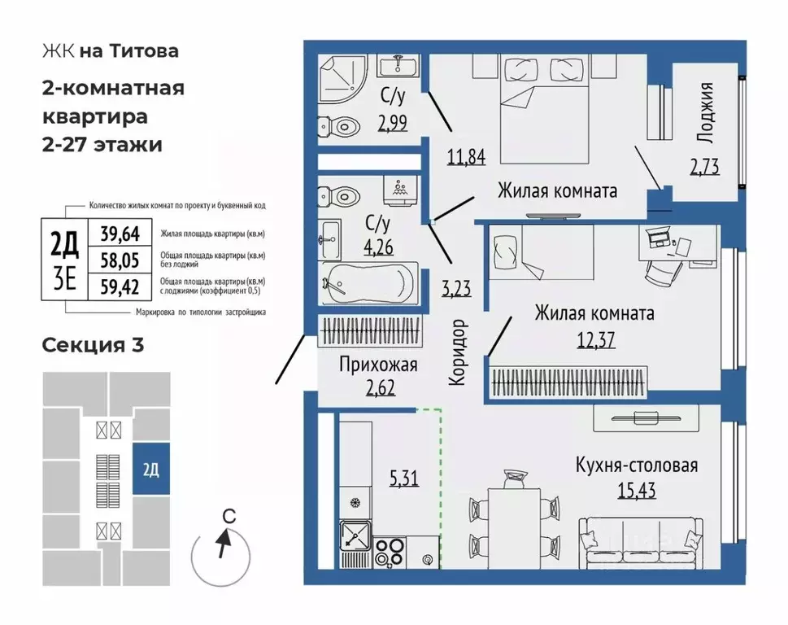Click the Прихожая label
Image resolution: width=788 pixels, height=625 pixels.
coord(378,365)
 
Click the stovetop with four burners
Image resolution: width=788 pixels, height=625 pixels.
coord(393,551)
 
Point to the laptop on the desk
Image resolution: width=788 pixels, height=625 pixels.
coord(661,238)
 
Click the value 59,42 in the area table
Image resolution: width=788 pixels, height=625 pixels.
coord(120,286)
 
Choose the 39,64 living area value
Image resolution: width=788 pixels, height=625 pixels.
coord(120,234)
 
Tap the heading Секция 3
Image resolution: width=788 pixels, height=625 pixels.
coord(93,345)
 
